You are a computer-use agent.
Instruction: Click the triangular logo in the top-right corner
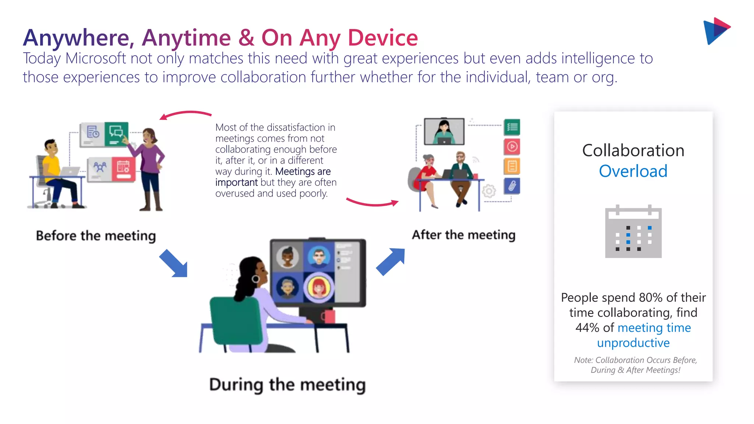click(x=716, y=31)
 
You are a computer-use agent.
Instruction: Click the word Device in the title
click(x=383, y=38)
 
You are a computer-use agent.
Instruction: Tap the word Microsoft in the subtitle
click(x=95, y=59)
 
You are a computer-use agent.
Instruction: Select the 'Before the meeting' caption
click(x=96, y=236)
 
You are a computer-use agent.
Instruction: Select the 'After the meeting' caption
click(x=464, y=235)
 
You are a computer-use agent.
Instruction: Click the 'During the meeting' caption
click(x=287, y=385)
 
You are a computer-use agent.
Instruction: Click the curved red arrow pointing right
click(x=372, y=202)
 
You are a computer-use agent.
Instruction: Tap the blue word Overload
click(x=633, y=171)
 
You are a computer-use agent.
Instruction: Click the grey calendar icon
click(x=633, y=232)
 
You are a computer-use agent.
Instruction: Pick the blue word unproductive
click(x=633, y=343)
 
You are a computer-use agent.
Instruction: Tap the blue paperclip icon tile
click(x=512, y=186)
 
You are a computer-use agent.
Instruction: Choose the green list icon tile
click(x=512, y=127)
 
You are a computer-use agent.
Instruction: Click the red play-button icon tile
click(x=512, y=147)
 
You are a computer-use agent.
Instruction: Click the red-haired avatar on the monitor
click(x=319, y=287)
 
